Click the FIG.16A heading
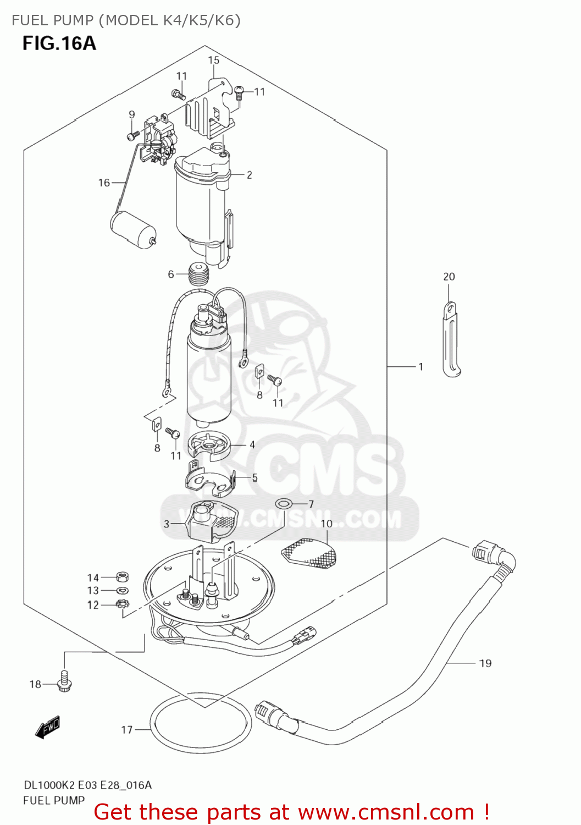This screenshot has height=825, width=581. coord(59,43)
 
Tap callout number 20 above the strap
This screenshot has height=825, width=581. coord(449,277)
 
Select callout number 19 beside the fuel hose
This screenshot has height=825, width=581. coord(485,663)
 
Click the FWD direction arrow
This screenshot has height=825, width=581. coord(47,728)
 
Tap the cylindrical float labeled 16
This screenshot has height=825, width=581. coord(134,230)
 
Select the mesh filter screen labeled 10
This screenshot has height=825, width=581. coord(309,553)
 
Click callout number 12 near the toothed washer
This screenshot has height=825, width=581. coord(93,605)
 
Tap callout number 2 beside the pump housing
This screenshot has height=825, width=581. coord(249,175)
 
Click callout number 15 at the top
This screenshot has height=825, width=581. coord(213,60)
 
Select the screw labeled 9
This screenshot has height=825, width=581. coord(132,135)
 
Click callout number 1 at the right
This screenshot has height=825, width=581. coord(420,366)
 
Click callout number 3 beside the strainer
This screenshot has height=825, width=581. coord(167,524)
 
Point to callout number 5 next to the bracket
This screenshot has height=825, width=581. coord(254,477)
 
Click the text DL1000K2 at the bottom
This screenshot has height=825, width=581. coord(49,785)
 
